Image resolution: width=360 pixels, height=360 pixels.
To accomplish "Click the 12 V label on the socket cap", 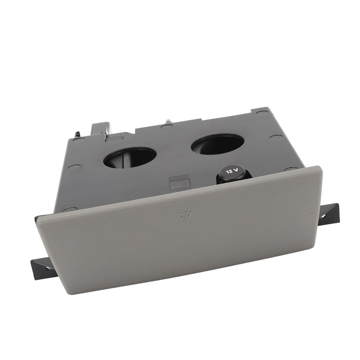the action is point(232,171).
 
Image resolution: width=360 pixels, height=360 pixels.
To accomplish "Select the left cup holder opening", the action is point(130,157).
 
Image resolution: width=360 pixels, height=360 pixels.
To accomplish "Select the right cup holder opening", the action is point(217,144).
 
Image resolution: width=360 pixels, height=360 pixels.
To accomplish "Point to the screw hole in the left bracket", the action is point(47,268).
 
